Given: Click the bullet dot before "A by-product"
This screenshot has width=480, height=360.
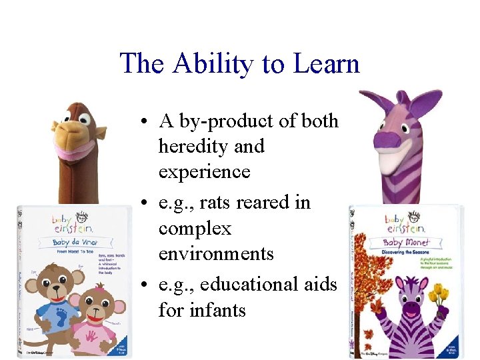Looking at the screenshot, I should click(x=144, y=122).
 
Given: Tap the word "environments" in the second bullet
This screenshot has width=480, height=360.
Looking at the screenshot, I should click(x=216, y=254).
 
